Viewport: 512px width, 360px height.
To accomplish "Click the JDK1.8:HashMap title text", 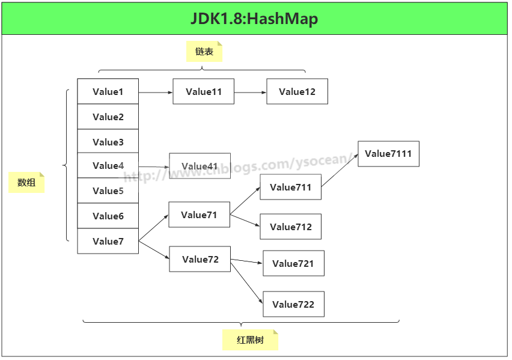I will click(x=254, y=19).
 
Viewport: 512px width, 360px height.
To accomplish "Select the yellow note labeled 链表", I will click(x=204, y=52).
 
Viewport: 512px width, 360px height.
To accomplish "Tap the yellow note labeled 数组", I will click(x=26, y=183).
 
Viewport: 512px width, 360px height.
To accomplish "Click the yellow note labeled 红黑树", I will click(x=250, y=340).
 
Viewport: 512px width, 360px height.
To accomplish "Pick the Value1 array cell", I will click(x=108, y=91).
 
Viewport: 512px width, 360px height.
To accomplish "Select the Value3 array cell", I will click(x=108, y=142).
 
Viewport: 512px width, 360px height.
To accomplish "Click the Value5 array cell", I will click(x=108, y=191).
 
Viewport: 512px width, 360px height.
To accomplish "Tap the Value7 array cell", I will click(x=108, y=241).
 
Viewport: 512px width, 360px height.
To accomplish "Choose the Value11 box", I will click(x=204, y=91).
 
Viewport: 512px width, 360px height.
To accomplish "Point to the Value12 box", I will click(x=297, y=91).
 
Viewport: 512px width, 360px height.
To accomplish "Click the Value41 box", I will click(x=200, y=166).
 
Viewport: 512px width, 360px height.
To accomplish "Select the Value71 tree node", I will click(x=199, y=215).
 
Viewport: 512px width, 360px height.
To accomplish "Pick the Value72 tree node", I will click(x=200, y=259).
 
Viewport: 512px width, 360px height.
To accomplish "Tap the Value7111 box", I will click(x=388, y=154).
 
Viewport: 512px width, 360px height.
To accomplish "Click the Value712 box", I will click(x=291, y=227).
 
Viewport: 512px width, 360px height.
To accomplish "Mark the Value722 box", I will click(x=293, y=304).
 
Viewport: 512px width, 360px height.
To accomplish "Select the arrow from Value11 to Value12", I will click(x=251, y=93).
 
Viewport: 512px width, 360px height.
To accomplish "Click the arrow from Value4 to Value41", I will click(x=154, y=166).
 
